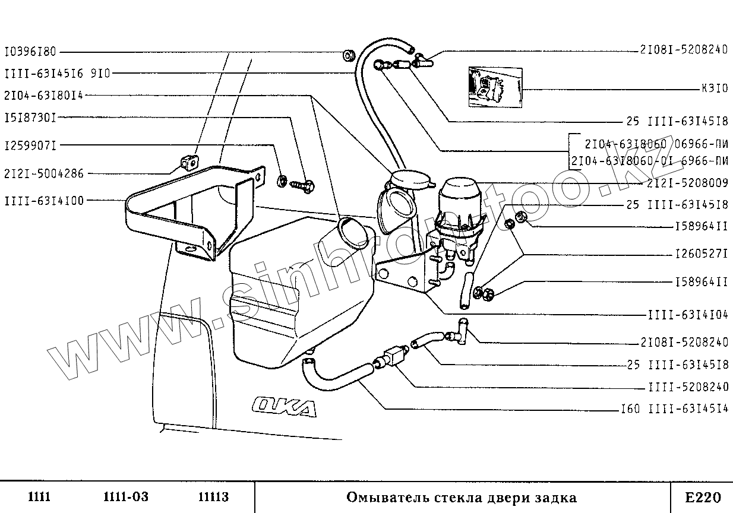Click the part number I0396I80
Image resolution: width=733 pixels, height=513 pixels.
30,52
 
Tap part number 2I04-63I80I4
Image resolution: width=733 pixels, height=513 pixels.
43,95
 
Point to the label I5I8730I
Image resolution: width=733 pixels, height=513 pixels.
30,118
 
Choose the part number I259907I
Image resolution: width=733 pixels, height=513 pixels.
30,145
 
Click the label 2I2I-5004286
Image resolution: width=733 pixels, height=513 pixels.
43,174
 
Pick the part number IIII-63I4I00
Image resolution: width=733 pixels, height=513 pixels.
43,201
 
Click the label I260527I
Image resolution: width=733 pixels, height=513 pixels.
702,254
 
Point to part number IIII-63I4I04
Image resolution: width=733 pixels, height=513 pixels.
687,315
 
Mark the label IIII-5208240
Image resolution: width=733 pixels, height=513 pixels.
687,387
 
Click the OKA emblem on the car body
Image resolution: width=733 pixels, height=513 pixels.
284,408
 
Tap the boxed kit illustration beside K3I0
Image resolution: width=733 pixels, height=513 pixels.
495,86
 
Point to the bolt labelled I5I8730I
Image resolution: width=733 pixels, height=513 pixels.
304,185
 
